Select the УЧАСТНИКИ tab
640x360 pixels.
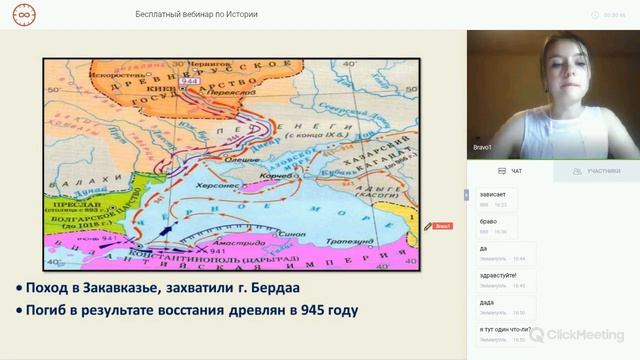point(597,171)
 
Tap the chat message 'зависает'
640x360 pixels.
point(494,195)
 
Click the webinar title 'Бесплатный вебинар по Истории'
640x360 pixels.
point(196,15)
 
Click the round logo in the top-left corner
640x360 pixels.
point(21,15)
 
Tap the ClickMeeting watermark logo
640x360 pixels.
point(577,335)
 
